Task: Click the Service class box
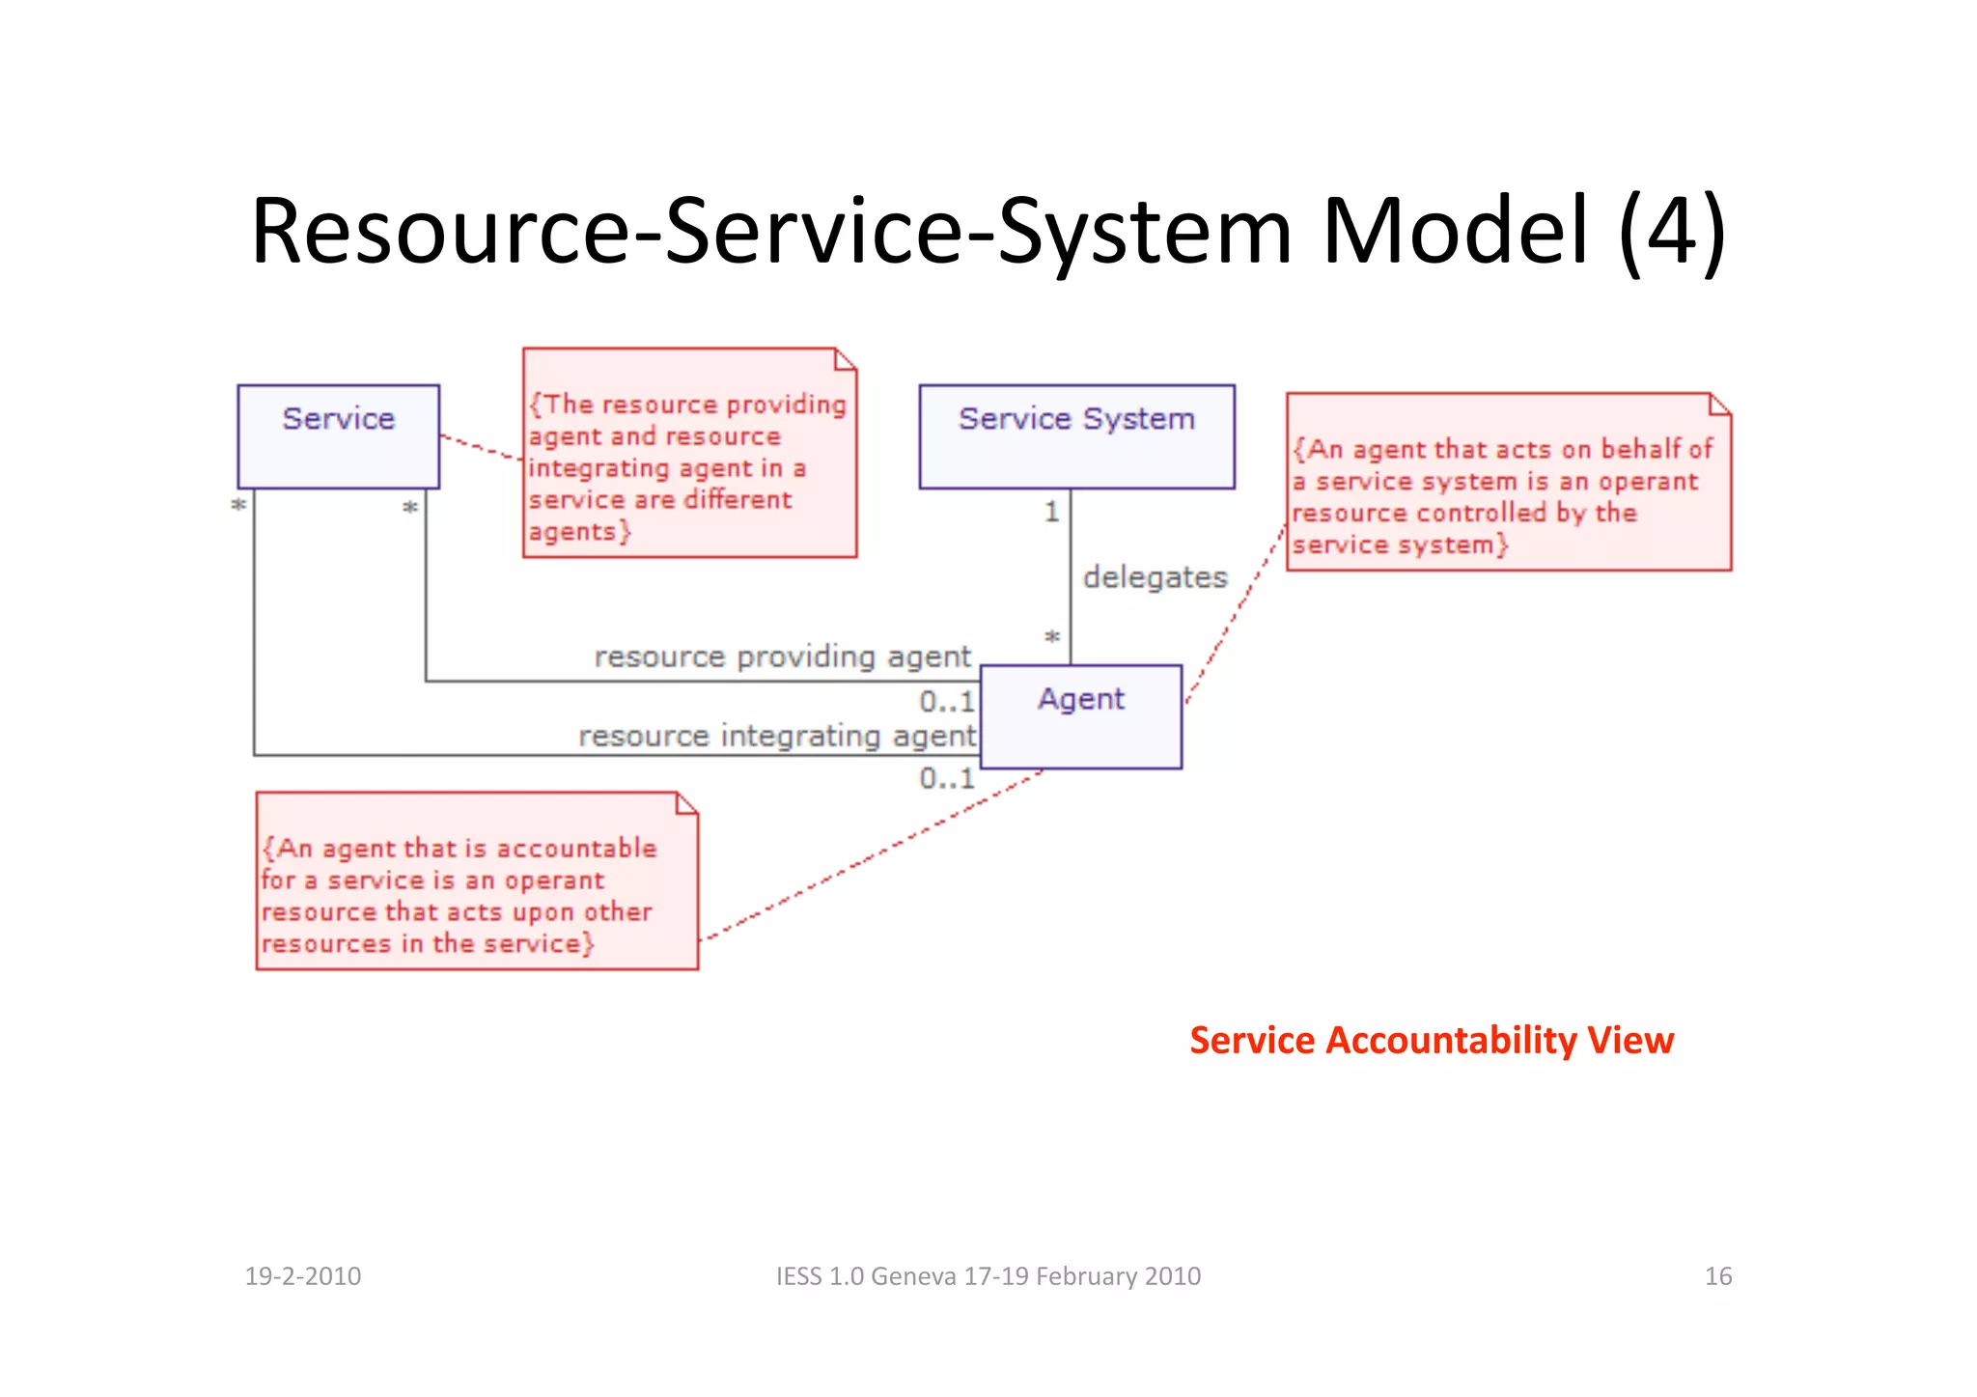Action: pos(338,436)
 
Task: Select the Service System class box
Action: pos(1076,436)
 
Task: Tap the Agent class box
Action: pos(1081,715)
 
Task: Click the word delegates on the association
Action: pos(1155,577)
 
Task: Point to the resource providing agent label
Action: pos(782,657)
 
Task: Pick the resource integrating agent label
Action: pos(777,736)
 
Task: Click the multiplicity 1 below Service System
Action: pos(1051,511)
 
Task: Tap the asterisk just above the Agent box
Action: pos(1052,638)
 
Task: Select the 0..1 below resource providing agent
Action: pos(946,701)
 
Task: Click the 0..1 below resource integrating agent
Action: pos(946,778)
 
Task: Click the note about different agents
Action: pos(689,454)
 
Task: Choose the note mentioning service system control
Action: pos(1508,483)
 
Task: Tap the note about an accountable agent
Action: pos(476,882)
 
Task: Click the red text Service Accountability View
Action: pos(1432,1040)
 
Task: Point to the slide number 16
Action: pos(1717,1276)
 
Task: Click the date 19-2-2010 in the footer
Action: pos(302,1276)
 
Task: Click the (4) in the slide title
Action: pos(1672,232)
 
